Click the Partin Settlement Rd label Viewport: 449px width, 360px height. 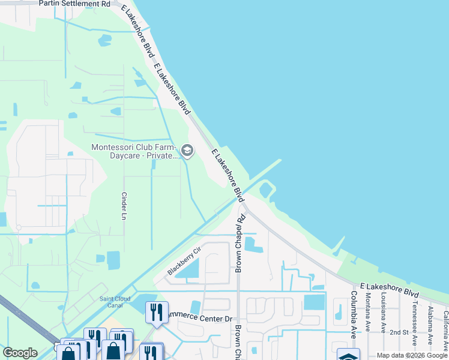click(74, 4)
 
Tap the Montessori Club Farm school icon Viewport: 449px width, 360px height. click(187, 150)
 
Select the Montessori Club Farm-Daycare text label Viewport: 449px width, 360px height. click(133, 151)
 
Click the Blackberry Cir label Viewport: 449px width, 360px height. click(183, 262)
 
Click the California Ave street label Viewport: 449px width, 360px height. click(445, 329)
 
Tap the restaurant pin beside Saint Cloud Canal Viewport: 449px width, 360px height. click(157, 312)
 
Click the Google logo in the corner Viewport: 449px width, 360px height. click(20, 353)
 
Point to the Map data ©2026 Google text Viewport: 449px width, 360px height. click(412, 355)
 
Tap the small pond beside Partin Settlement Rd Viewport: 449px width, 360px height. click(104, 40)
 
